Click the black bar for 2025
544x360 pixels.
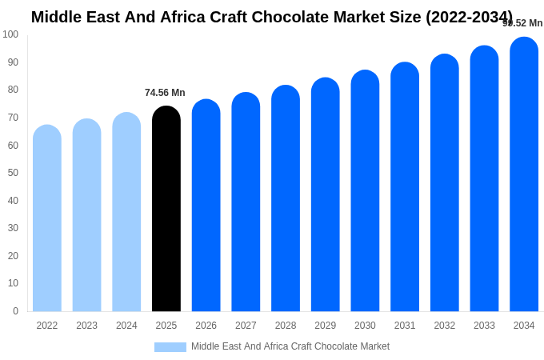tap(166, 209)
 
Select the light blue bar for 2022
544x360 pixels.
tap(47, 218)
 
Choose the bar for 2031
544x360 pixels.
tap(405, 187)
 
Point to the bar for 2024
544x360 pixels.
tap(126, 212)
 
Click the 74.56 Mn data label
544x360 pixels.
tap(165, 93)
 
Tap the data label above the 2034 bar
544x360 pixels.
tap(522, 23)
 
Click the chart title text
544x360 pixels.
tap(272, 17)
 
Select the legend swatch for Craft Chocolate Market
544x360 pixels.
tap(170, 347)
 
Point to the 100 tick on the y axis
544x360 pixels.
tap(10, 34)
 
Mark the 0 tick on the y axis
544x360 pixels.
tap(15, 311)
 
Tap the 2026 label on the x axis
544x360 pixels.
tap(206, 326)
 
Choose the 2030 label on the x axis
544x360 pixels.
tap(365, 326)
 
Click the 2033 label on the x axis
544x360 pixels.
tap(484, 326)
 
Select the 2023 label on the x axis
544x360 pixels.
tap(86, 326)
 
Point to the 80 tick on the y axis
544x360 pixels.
tap(13, 90)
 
